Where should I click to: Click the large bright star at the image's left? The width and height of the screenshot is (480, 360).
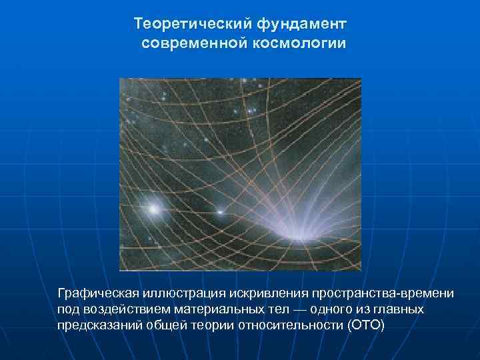[154, 209]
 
